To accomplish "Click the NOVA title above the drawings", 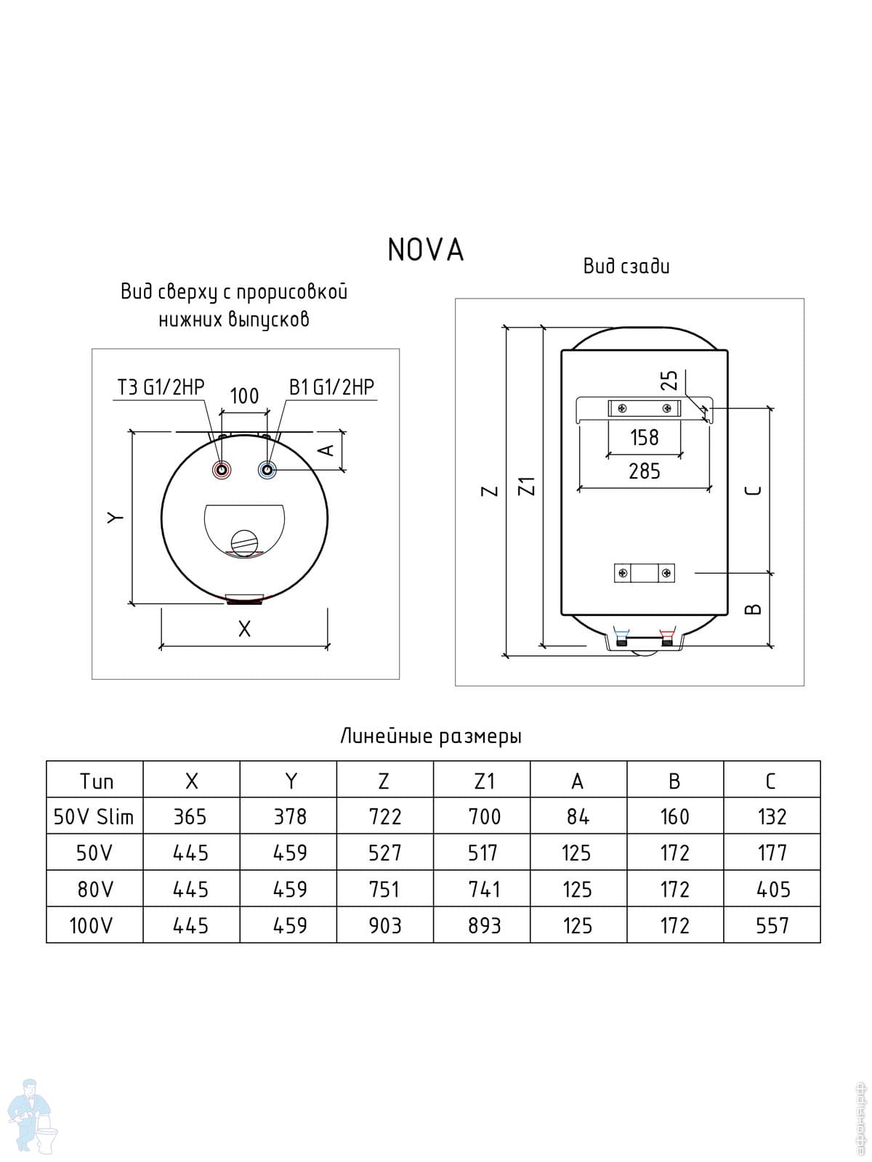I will point(426,250).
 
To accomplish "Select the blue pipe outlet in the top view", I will point(268,470).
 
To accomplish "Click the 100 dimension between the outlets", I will point(244,396).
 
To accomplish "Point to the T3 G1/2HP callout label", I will point(161,387).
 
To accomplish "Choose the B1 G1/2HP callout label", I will point(331,387).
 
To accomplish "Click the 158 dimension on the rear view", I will point(644,437).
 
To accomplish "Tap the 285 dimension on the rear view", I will point(644,471).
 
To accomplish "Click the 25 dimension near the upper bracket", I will point(669,381).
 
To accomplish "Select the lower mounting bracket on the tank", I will point(645,573).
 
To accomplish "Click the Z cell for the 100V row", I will point(384,925).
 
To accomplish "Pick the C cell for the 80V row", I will point(772,889).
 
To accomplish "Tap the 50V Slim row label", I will point(94,816).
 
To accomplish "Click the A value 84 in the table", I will point(578,816).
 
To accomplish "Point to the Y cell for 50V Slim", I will point(290,816).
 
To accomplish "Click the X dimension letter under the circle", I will point(244,629).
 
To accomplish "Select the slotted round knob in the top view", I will point(243,542).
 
